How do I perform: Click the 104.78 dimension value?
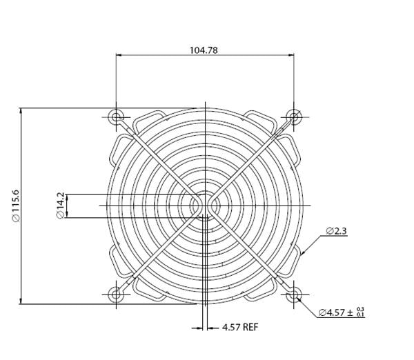point(205,50)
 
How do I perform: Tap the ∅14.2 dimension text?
point(60,206)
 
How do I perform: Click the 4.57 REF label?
point(239,328)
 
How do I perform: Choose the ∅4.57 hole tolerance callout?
point(341,312)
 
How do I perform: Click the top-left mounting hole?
point(116,116)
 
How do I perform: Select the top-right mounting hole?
point(295,116)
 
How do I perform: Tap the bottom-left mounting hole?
point(116,295)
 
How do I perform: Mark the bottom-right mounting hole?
point(295,295)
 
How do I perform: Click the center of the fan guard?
point(205,206)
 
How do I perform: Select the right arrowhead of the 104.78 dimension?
point(292,55)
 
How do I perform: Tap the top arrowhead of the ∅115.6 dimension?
point(21,110)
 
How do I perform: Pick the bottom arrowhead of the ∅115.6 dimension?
point(21,301)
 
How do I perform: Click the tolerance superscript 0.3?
point(360,310)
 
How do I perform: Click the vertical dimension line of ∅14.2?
point(68,206)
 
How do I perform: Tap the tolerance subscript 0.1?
point(360,315)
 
